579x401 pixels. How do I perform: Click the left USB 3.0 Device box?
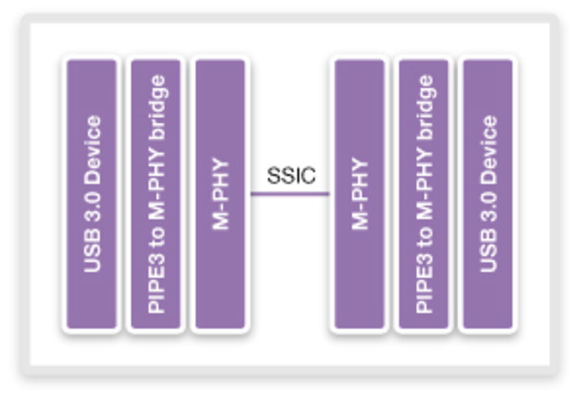(x=91, y=194)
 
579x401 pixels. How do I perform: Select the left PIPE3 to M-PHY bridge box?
(x=156, y=194)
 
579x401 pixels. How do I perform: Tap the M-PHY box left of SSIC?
(x=220, y=194)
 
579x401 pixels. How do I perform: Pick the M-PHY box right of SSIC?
(x=359, y=194)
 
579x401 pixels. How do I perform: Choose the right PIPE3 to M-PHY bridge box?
(x=424, y=194)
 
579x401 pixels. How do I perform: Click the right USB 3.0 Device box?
(x=488, y=194)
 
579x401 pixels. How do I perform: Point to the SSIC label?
(x=291, y=175)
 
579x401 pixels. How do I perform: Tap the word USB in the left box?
(x=92, y=255)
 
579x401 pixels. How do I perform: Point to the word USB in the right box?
(x=488, y=255)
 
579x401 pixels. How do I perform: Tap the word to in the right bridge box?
(x=424, y=235)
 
